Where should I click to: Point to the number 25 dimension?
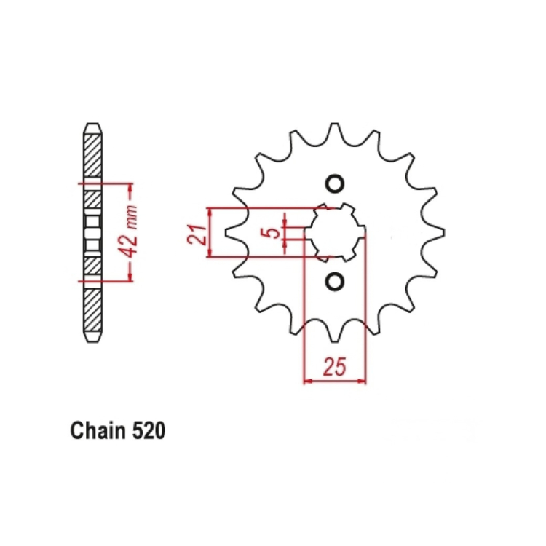pyautogui.click(x=335, y=367)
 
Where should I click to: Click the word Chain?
pyautogui.click(x=98, y=430)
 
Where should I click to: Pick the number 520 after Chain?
pyautogui.click(x=148, y=431)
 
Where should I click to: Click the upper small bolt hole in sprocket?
pyautogui.click(x=335, y=183)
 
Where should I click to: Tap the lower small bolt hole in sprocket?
pyautogui.click(x=335, y=281)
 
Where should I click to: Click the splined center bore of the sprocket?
pyautogui.click(x=336, y=232)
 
